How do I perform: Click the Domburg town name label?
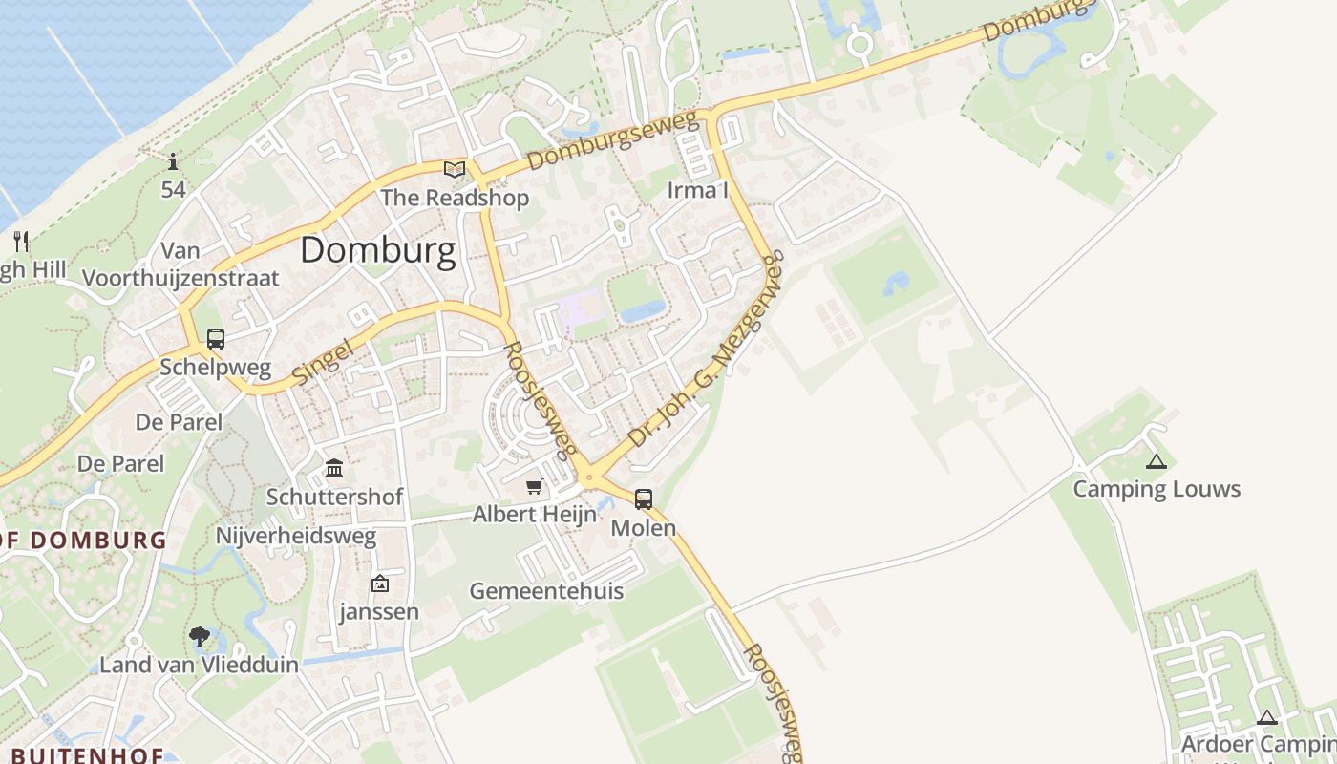pos(377,250)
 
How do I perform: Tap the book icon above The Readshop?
pos(455,170)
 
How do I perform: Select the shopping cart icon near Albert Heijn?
pos(535,487)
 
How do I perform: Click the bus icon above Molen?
pos(644,499)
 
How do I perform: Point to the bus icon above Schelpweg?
pos(216,338)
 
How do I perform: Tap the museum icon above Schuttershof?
pos(334,469)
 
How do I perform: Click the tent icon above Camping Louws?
pos(1157,462)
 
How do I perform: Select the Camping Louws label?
pos(1157,489)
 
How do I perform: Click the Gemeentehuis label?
pos(546,591)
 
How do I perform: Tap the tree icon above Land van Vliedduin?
pos(200,637)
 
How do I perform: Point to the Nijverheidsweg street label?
pos(296,536)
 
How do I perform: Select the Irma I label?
pos(697,190)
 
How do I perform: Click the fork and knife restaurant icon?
pos(22,241)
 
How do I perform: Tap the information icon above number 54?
pos(173,161)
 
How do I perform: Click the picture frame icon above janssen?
pos(380,584)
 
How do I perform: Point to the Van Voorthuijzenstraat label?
pos(180,265)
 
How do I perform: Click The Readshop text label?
pos(455,198)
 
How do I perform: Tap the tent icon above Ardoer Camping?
pos(1267,718)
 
